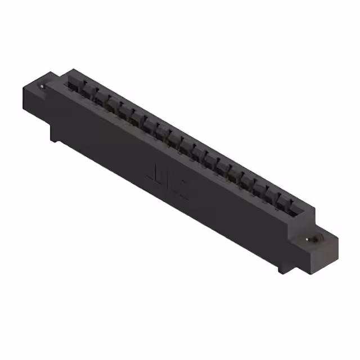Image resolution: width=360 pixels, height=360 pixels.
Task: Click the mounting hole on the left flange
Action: (42, 87)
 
